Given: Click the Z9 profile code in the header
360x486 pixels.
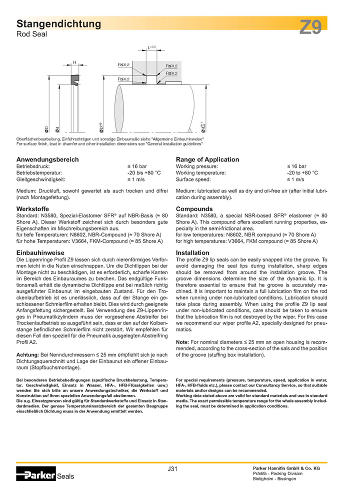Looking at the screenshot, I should tap(310, 27).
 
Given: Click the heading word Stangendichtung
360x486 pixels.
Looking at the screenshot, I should tap(59, 23).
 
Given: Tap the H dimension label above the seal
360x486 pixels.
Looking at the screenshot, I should tap(74, 62).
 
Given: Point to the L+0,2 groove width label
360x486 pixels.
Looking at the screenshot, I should tap(151, 48).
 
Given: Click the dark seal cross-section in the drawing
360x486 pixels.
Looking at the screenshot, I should tap(75, 79).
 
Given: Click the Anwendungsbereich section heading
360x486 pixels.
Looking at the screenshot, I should tap(47, 159).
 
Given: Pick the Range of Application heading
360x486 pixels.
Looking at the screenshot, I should tap(207, 159).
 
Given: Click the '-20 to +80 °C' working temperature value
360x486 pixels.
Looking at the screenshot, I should tap(301, 172).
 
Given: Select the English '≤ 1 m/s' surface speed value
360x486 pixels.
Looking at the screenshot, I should tap(295, 179).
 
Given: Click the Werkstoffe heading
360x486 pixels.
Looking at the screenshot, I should tap(32, 208).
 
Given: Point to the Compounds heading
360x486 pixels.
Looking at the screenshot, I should tap(194, 208).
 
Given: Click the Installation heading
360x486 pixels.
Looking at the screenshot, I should tap(192, 253).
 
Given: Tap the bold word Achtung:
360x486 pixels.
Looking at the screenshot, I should tap(28, 354).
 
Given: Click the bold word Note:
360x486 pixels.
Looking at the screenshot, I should tap(182, 341).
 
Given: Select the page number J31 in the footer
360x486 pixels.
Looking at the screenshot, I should tap(172, 468).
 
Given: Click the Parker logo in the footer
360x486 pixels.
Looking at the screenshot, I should tap(35, 474).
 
